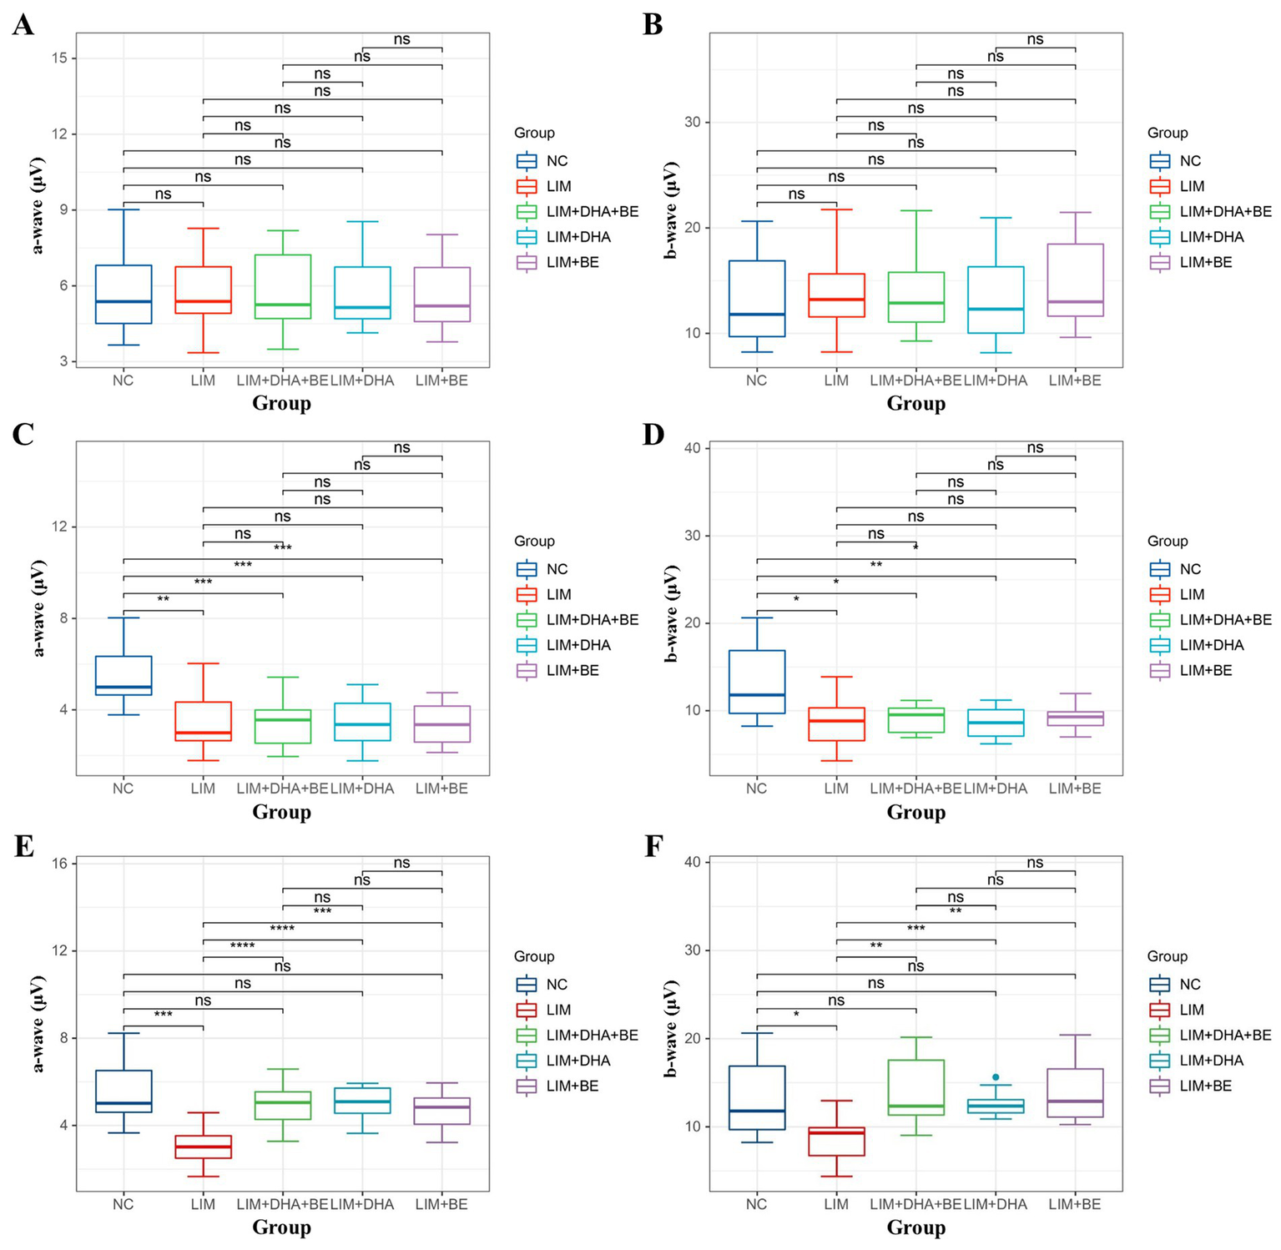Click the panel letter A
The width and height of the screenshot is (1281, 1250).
[x=23, y=25]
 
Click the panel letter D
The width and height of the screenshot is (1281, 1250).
[x=653, y=433]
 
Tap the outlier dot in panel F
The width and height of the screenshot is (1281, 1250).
[x=996, y=1077]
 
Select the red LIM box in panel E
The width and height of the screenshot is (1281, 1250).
[x=203, y=1146]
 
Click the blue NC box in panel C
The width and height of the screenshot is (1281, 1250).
[x=124, y=675]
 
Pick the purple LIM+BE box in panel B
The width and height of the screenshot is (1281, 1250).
[x=1075, y=280]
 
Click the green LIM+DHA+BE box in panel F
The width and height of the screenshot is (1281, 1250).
[x=916, y=1087]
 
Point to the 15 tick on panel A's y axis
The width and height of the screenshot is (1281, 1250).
[x=63, y=58]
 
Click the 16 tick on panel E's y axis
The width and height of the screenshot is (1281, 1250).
[x=63, y=864]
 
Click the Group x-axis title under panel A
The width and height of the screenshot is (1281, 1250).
[x=282, y=404]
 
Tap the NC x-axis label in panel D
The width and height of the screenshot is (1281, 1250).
[x=756, y=789]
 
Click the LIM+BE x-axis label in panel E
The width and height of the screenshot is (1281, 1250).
[x=441, y=1204]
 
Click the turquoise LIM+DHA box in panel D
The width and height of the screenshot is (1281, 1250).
[x=996, y=723]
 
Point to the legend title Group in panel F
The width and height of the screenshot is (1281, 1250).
[x=1167, y=956]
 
